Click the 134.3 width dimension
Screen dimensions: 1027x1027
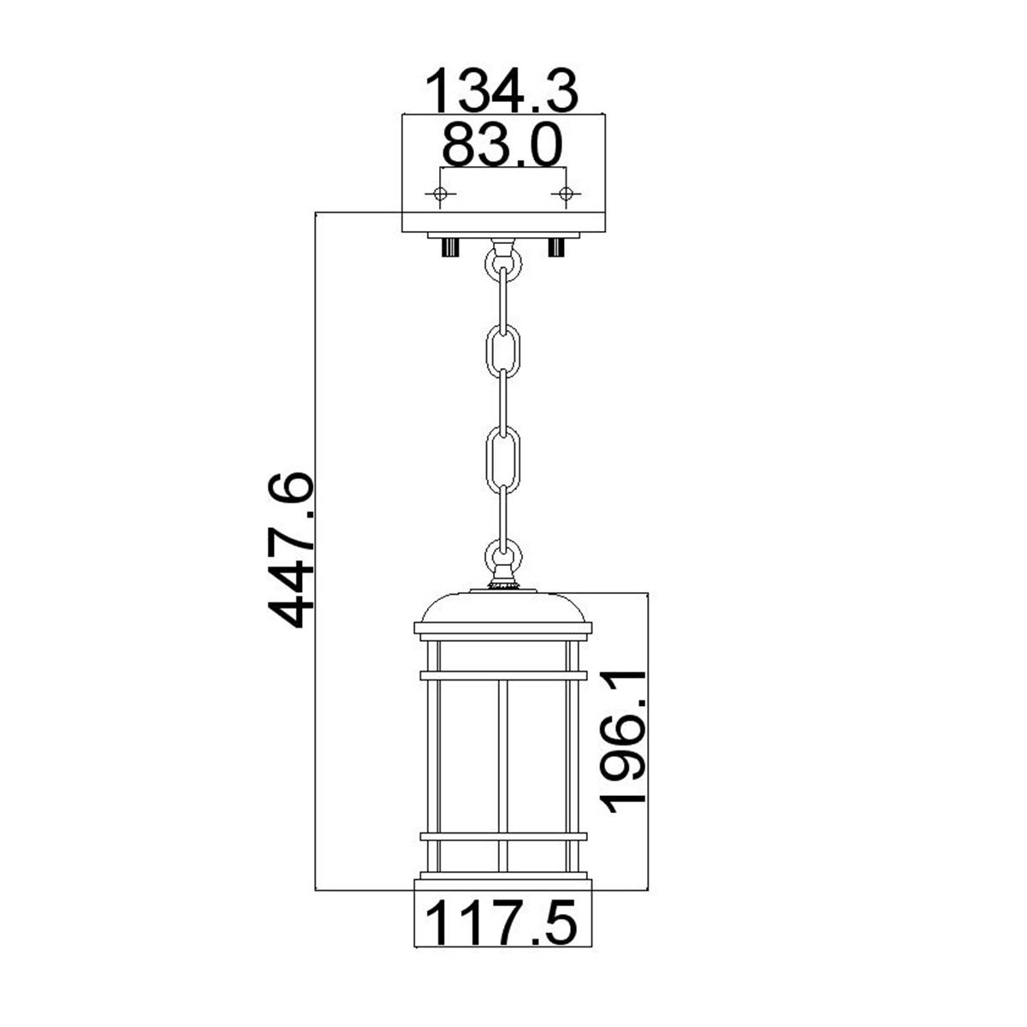point(503,92)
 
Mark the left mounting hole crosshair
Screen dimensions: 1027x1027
point(441,193)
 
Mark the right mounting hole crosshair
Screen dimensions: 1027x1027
point(564,193)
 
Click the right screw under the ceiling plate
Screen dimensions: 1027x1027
point(557,248)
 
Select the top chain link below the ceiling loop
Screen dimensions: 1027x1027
point(503,291)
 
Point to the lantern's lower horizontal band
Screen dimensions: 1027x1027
point(503,835)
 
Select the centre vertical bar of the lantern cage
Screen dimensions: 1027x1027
point(503,753)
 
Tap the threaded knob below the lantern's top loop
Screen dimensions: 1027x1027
point(503,584)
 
